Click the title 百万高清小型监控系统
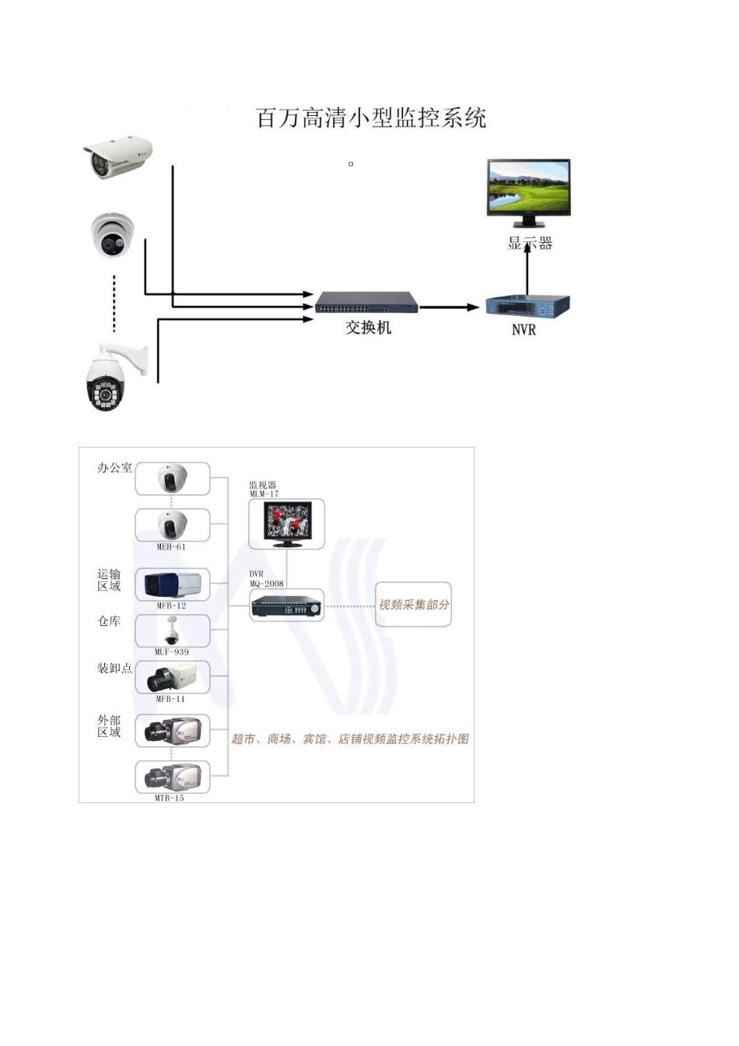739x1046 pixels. pos(371,118)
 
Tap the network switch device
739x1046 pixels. pos(366,302)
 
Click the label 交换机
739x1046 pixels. pos(368,328)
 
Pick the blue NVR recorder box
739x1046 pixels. pos(527,305)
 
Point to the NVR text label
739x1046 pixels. pos(524,330)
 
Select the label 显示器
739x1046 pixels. pos(530,244)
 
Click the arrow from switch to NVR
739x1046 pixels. pos(450,307)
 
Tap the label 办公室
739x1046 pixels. pos(114,468)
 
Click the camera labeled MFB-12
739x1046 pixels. pos(173,584)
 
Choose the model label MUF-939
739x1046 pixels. pos(172,651)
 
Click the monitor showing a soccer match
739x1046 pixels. pos(286,522)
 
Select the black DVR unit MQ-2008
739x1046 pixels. pos(286,605)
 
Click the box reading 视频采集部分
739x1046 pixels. pos(414,605)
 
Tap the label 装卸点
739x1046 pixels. pos(114,668)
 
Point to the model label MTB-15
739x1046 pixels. pos(169,798)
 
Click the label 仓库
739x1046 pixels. pos(109,621)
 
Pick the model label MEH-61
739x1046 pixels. pos(171,546)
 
